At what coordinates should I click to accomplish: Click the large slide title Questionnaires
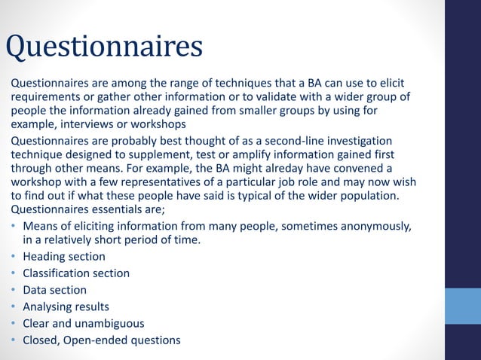click(104, 47)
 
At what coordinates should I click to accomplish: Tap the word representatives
click(151, 183)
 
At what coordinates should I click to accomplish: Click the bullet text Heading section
click(64, 257)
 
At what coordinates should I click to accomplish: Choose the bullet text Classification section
click(76, 273)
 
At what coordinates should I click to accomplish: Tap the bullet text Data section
click(54, 290)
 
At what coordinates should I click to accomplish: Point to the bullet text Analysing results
click(66, 307)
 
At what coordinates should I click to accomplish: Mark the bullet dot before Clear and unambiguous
click(14, 324)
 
